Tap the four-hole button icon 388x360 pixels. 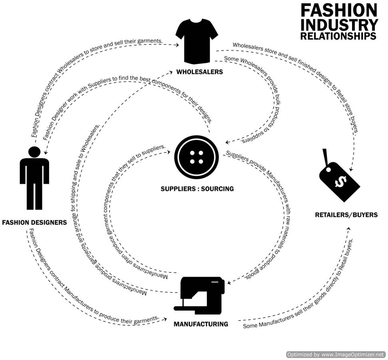(x=196, y=157)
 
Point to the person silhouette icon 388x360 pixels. (x=34, y=178)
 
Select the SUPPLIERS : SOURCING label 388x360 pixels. (x=197, y=188)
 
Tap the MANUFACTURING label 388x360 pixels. (x=201, y=324)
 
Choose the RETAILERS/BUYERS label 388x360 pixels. (x=346, y=215)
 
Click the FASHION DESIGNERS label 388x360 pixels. (x=35, y=222)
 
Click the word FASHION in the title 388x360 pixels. (x=338, y=10)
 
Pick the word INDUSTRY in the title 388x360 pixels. (x=339, y=25)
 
